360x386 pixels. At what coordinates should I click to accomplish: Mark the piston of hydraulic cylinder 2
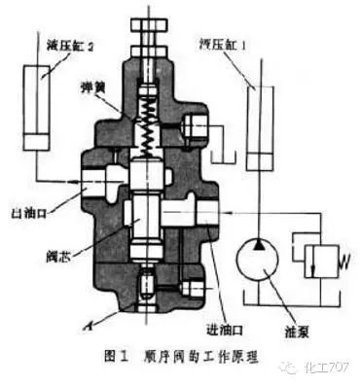(x=39, y=141)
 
